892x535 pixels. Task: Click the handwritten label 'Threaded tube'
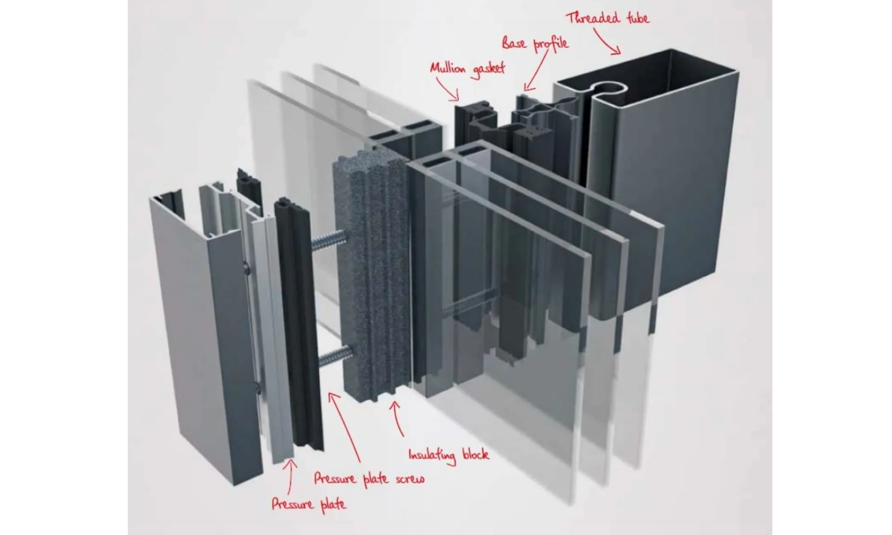(x=607, y=18)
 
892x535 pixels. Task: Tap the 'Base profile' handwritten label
(x=535, y=44)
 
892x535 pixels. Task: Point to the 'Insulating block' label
(x=448, y=454)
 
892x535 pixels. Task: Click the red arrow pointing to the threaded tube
(x=607, y=41)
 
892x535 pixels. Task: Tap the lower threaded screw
(x=335, y=357)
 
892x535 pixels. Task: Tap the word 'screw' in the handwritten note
(x=410, y=479)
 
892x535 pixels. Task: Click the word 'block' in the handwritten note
(x=476, y=453)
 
